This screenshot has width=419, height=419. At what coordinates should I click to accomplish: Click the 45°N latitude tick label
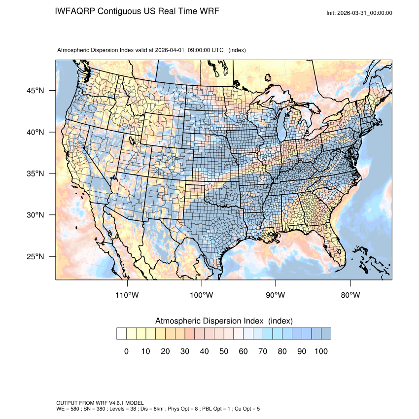point(35,91)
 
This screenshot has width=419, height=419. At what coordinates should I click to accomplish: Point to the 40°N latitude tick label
point(35,132)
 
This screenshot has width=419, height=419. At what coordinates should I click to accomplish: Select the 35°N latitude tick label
point(35,174)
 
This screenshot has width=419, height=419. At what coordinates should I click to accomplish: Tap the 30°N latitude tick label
point(35,215)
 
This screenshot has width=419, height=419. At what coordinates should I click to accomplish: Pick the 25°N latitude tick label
point(35,256)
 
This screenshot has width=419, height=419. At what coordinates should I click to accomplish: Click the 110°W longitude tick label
point(128,295)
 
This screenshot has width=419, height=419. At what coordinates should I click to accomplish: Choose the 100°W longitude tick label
point(202,295)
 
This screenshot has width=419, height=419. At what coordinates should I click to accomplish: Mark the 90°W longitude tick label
point(276,295)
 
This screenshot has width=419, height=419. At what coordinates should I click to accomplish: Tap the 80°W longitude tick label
point(350,295)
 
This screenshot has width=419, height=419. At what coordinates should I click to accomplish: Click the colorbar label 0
point(126,351)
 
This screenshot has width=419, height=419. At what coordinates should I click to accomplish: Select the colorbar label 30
point(184,351)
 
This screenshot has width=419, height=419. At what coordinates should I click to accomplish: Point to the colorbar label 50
point(224,351)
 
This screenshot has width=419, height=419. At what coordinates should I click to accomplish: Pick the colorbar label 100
point(321,351)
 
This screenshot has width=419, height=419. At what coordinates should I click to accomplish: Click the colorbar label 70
point(263,351)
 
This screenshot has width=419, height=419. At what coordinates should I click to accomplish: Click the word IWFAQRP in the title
point(75,11)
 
